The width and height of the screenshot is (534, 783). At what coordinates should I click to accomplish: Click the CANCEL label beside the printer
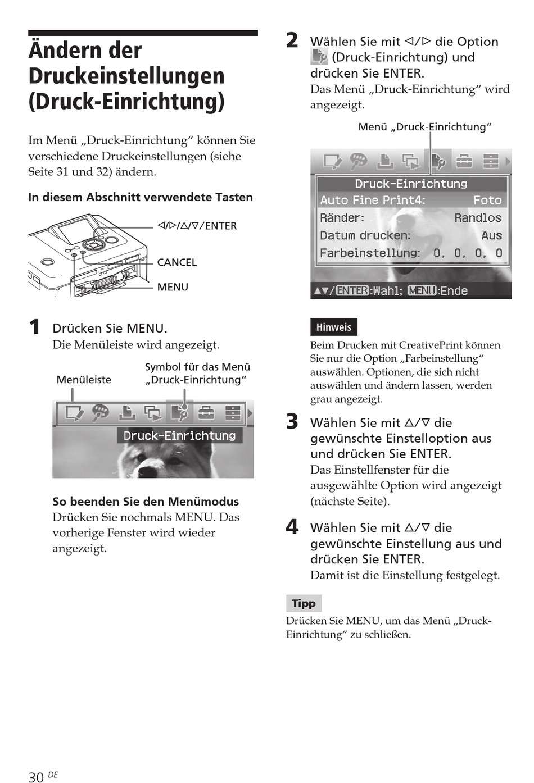(177, 262)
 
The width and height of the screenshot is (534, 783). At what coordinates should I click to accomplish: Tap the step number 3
(292, 421)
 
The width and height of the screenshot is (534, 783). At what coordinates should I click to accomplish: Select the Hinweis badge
(333, 327)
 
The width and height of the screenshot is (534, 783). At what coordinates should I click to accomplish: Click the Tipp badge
(304, 603)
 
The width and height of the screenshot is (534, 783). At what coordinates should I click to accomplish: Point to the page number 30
(36, 777)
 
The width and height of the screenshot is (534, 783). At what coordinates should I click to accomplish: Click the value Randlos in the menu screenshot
(478, 218)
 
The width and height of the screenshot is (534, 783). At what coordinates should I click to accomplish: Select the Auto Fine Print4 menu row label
(372, 201)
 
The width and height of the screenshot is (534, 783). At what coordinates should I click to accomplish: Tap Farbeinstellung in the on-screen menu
(369, 253)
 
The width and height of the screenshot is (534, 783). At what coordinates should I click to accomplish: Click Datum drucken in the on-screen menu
(365, 236)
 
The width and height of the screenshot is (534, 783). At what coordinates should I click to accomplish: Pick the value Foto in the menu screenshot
(487, 201)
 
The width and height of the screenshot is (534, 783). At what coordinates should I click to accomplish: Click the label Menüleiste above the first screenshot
(84, 380)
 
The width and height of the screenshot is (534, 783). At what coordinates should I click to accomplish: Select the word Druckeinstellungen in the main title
(126, 76)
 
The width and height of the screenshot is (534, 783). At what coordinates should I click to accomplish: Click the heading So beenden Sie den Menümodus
(146, 502)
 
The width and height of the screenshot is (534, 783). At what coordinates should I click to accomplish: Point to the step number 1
(35, 327)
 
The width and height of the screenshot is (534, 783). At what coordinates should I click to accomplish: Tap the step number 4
(292, 526)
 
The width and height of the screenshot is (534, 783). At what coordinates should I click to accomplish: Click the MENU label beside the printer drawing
(173, 287)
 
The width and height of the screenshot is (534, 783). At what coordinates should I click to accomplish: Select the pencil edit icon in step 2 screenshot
(332, 162)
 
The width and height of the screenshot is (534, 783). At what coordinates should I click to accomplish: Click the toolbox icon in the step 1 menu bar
(206, 413)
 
